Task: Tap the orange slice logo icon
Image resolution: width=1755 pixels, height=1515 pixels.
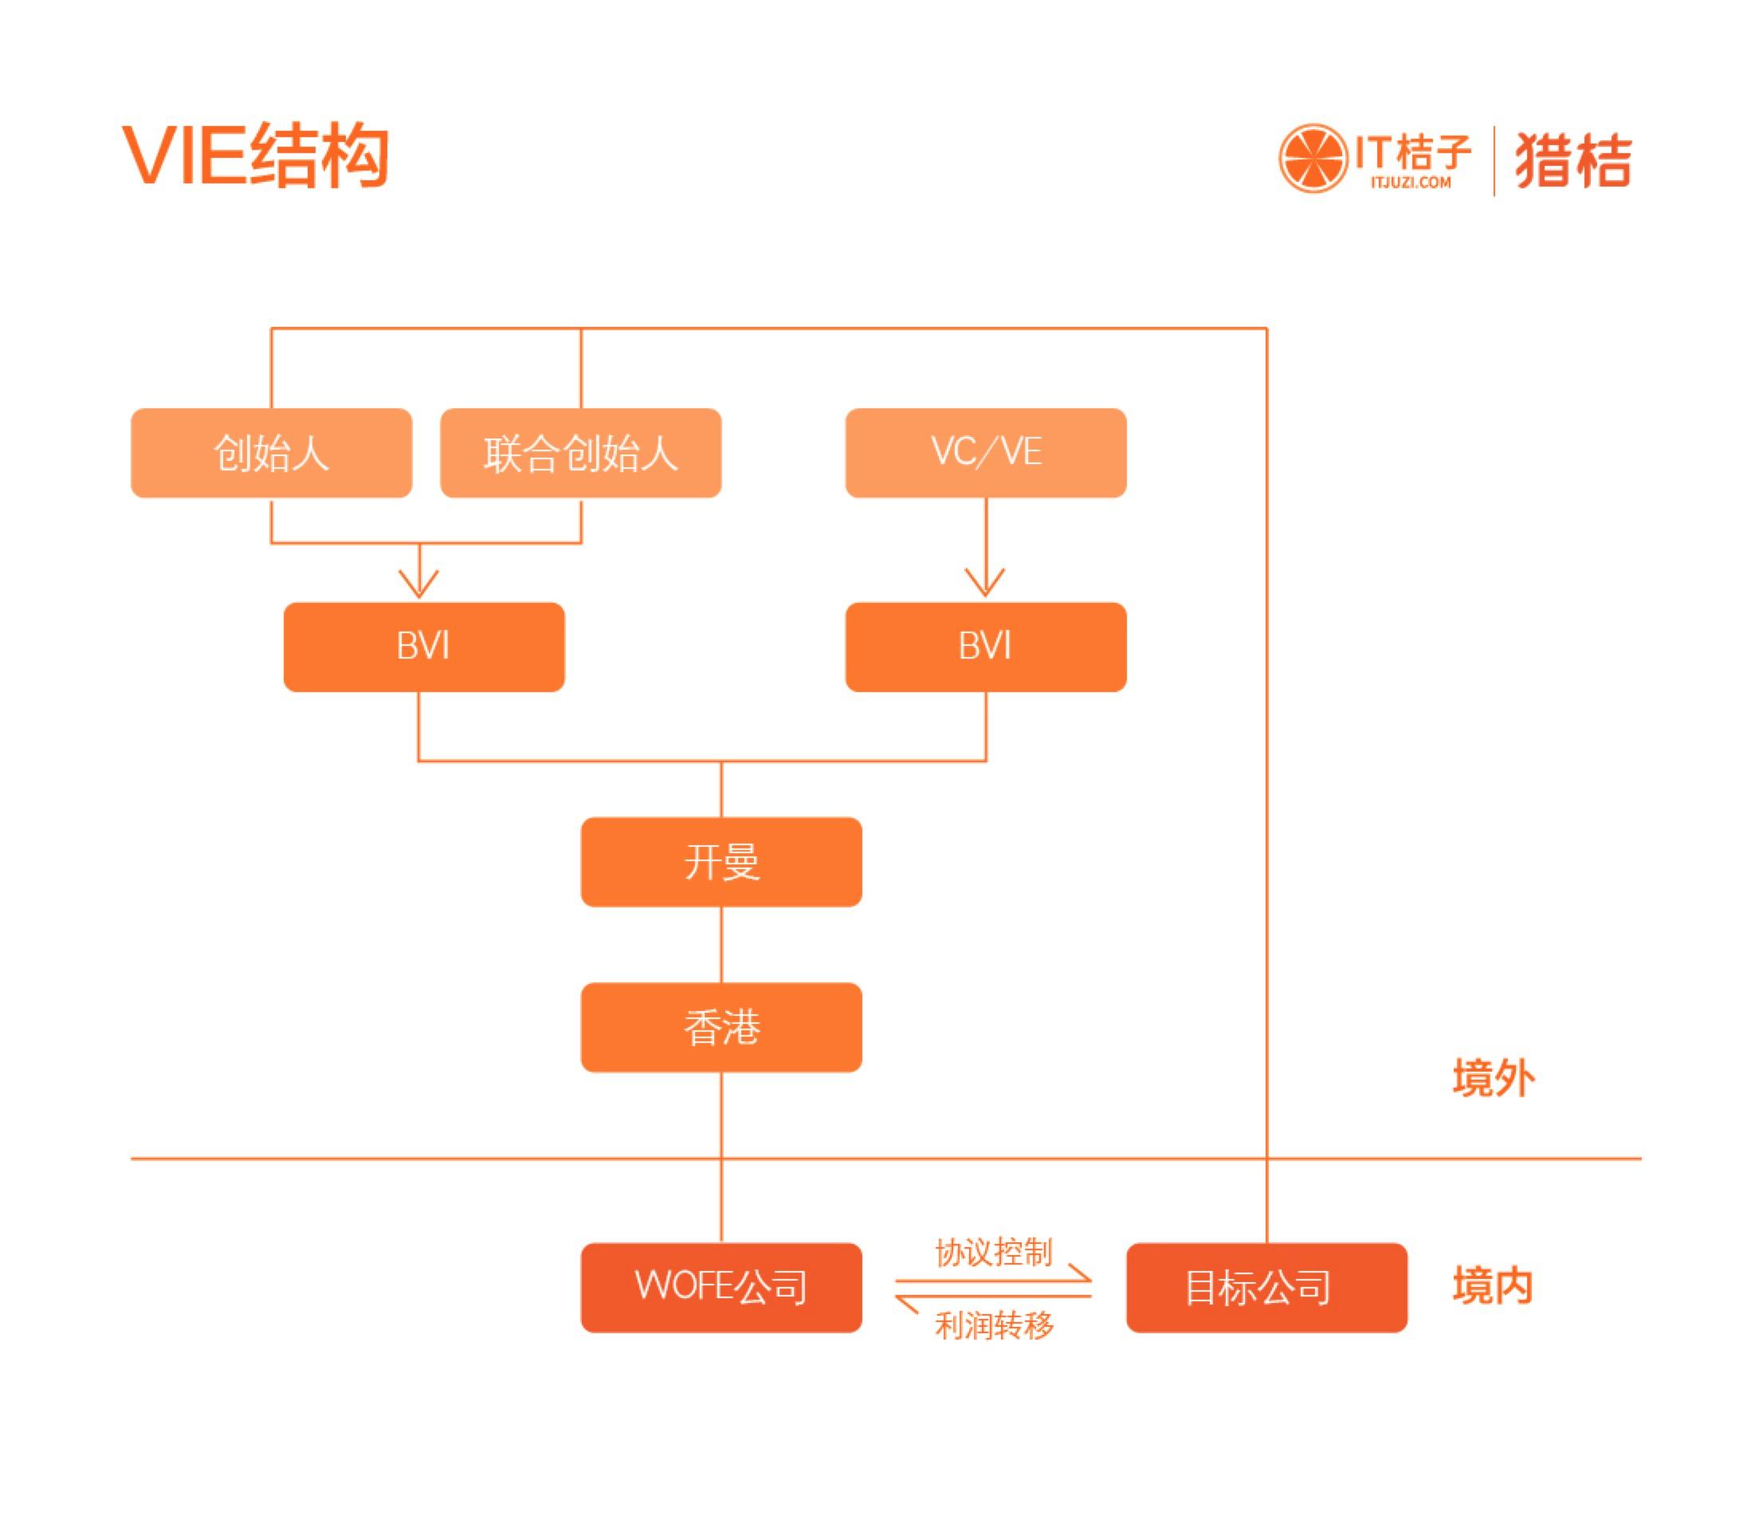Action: tap(1312, 159)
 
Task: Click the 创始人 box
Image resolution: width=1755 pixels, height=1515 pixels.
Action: tap(271, 454)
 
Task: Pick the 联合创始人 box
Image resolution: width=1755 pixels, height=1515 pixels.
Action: tap(580, 454)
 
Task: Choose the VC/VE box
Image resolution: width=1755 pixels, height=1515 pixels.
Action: tap(985, 454)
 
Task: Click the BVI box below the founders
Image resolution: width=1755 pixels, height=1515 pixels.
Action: tap(423, 647)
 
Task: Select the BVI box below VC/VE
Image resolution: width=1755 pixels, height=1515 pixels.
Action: tap(985, 647)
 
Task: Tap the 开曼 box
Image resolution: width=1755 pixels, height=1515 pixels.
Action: tap(720, 862)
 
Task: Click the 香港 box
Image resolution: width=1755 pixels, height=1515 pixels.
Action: tap(720, 1027)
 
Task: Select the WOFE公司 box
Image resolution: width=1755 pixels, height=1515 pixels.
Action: tap(720, 1287)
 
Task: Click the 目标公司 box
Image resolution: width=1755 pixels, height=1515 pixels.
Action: tap(1266, 1287)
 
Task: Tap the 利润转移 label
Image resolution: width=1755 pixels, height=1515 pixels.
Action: tap(994, 1324)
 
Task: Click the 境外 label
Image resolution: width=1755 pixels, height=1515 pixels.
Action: tap(1494, 1079)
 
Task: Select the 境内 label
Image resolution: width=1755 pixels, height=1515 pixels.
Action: tap(1493, 1285)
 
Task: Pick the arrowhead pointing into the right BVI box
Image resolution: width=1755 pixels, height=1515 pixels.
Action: tap(985, 584)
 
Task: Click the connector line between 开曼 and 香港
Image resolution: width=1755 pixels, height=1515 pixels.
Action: tap(720, 944)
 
